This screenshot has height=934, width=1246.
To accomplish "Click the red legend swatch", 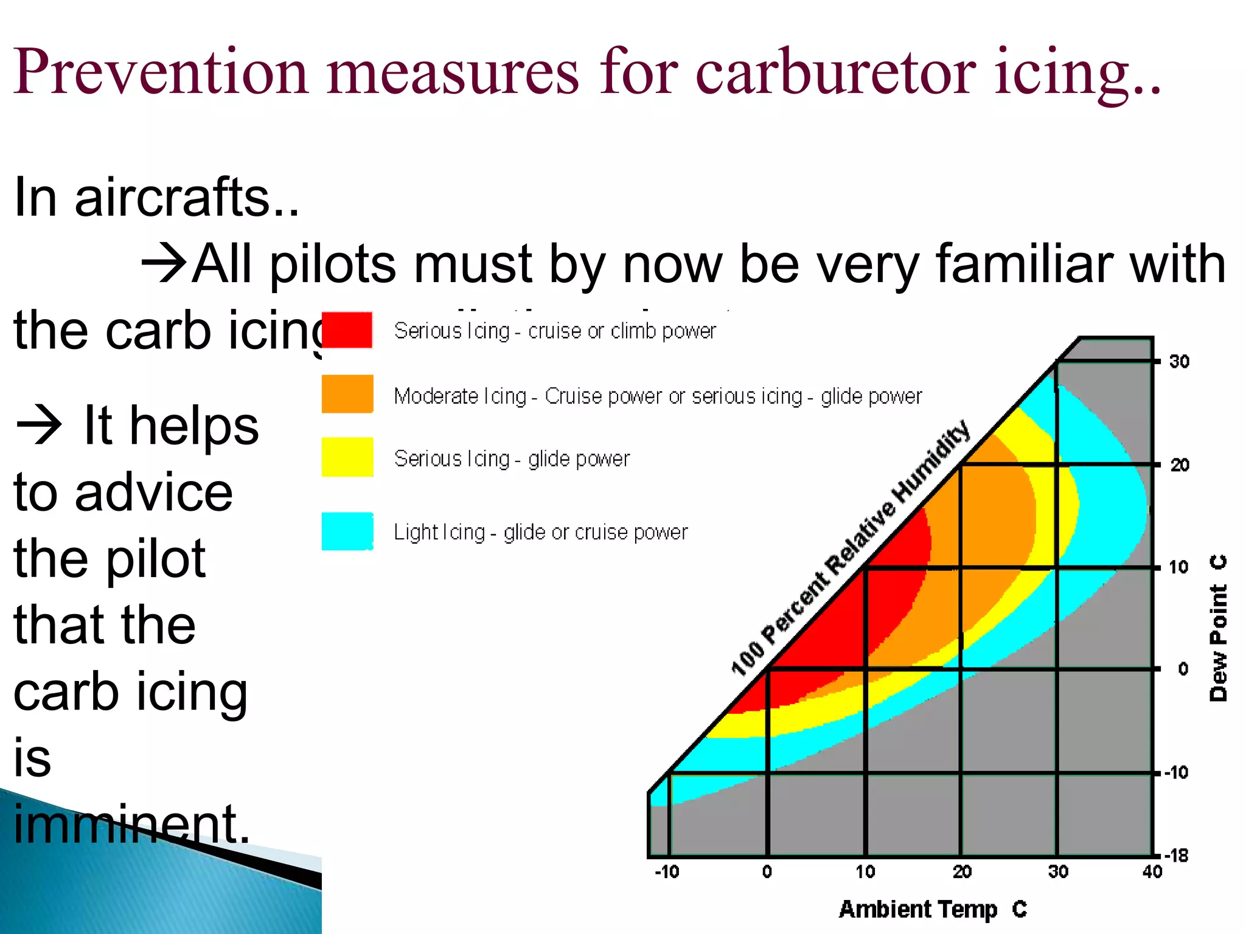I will coord(347,330).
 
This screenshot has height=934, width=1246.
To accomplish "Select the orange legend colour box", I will coord(347,393).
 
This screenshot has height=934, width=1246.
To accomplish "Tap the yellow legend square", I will coord(347,457).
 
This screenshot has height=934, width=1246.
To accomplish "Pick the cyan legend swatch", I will coord(347,531).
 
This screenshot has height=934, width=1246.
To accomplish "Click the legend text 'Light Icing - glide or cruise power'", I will coord(540,532).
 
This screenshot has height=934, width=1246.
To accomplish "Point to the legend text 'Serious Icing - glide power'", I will coord(512,458).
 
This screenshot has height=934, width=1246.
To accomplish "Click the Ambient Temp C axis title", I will coord(932,909).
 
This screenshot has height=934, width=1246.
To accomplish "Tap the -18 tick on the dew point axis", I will coord(1177,856).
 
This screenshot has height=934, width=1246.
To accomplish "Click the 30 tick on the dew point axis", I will coord(1179,362).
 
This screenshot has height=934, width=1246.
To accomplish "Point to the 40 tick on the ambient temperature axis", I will coord(1152,872).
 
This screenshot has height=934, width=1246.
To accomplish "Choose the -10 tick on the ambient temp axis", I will coord(667,872).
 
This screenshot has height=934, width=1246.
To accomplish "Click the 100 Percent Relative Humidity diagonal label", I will coord(850,548).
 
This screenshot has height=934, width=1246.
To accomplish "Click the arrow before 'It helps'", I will coord(39,425).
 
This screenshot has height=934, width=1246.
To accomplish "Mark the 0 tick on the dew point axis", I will coord(1183,669).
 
